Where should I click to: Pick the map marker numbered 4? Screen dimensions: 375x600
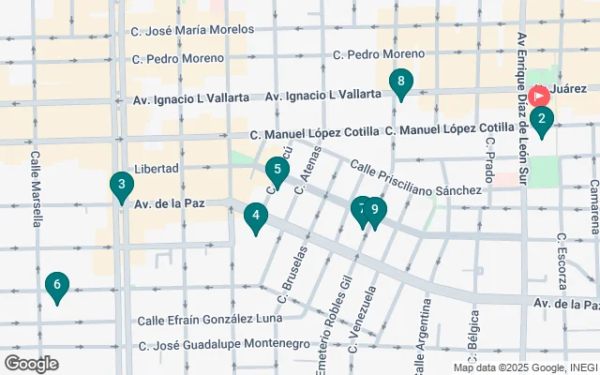(255, 217)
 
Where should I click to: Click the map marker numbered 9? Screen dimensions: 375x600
(375, 212)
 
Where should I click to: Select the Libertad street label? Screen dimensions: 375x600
(157, 168)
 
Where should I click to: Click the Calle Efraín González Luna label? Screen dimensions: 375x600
(209, 320)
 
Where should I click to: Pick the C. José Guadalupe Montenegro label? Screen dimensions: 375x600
(224, 345)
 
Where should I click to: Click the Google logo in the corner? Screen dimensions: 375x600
(31, 363)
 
